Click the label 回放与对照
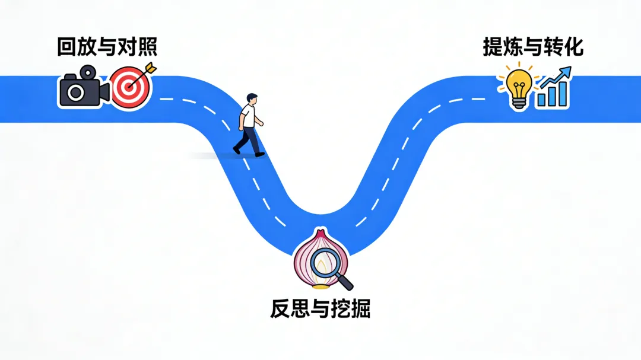107,46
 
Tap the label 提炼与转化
533,46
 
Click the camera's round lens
76,93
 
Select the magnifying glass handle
344,280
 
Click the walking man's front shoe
259,154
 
